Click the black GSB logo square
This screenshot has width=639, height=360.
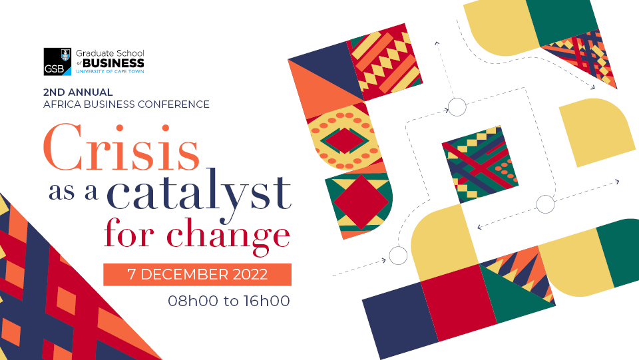click(57, 61)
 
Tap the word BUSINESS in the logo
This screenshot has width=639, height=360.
click(113, 63)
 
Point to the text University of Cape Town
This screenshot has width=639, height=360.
click(110, 71)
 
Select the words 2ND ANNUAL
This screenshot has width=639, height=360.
click(78, 92)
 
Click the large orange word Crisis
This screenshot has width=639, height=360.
click(121, 148)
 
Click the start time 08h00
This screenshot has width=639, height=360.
click(193, 301)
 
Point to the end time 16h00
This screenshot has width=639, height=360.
click(267, 301)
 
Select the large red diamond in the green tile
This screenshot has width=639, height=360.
click(361, 202)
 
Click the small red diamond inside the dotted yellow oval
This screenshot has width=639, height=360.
click(345, 141)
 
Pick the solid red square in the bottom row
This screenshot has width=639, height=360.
click(459, 302)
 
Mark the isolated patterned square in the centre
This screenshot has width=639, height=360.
click(480, 164)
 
